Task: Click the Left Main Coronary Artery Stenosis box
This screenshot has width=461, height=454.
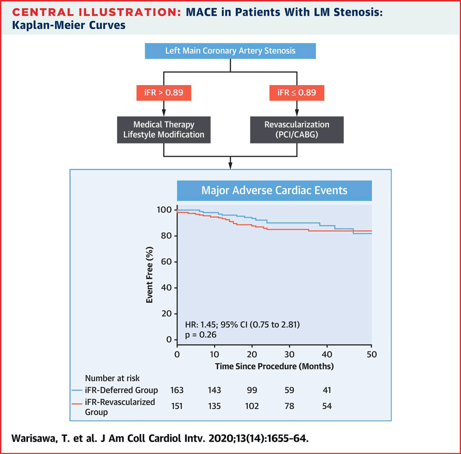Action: pyautogui.click(x=230, y=51)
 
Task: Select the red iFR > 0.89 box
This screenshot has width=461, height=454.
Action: pyautogui.click(x=164, y=93)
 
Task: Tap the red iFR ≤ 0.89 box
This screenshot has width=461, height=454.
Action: pyautogui.click(x=297, y=93)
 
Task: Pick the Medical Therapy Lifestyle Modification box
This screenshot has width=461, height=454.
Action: pyautogui.click(x=164, y=129)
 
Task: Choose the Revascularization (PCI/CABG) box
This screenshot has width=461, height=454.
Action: pyautogui.click(x=297, y=129)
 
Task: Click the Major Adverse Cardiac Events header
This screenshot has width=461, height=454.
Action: pyautogui.click(x=274, y=190)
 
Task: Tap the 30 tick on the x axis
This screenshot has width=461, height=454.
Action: pyautogui.click(x=290, y=354)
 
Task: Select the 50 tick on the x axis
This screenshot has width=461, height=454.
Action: pyautogui.click(x=371, y=354)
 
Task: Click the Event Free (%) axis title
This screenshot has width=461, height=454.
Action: pyautogui.click(x=149, y=275)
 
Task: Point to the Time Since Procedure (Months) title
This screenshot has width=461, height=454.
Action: pyautogui.click(x=274, y=367)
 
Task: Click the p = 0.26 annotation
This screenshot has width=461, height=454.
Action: pyautogui.click(x=200, y=334)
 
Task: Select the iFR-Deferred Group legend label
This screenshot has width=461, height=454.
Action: pyautogui.click(x=121, y=390)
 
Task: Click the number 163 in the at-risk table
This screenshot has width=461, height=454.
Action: pyautogui.click(x=177, y=390)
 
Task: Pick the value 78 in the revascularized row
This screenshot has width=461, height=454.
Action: pyautogui.click(x=289, y=406)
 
